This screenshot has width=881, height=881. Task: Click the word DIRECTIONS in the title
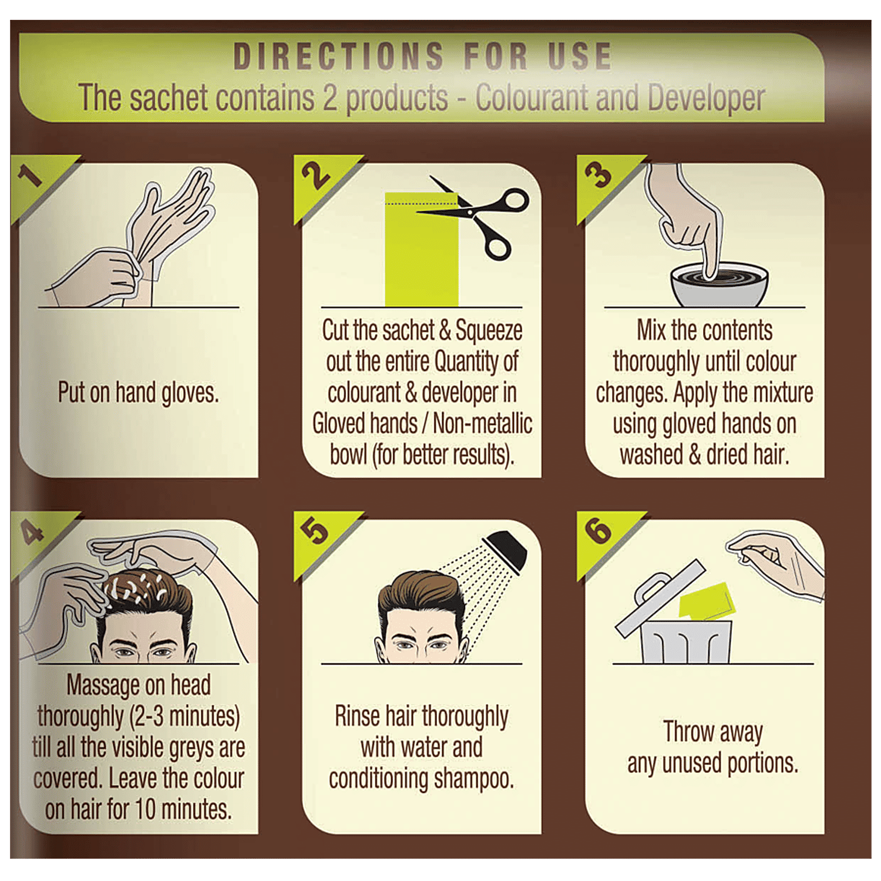pyautogui.click(x=338, y=56)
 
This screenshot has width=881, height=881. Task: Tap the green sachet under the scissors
pyautogui.click(x=421, y=249)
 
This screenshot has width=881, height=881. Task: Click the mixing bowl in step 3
pyautogui.click(x=719, y=284)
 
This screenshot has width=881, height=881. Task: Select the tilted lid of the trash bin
pyautogui.click(x=659, y=598)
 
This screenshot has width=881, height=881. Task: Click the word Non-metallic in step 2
pyautogui.click(x=482, y=423)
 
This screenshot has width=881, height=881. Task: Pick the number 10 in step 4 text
pyautogui.click(x=145, y=809)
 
